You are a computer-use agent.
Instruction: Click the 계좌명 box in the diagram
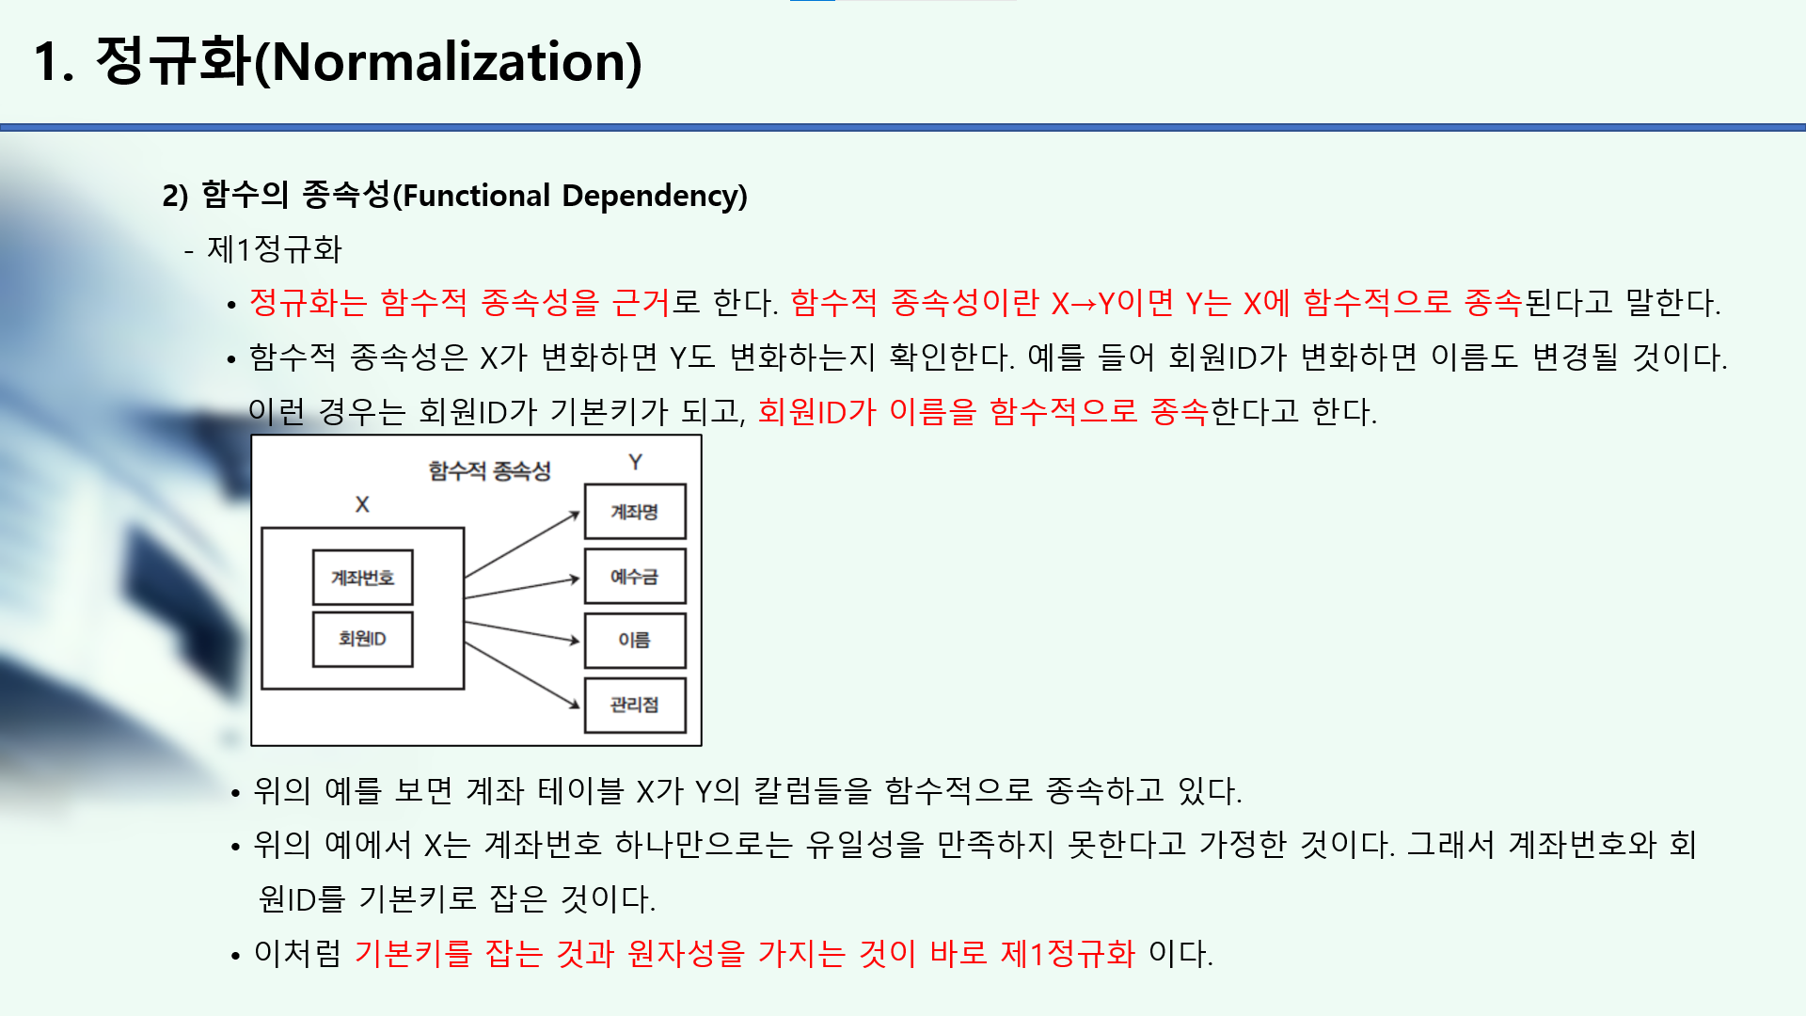(635, 512)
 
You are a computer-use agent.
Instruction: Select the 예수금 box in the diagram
(635, 577)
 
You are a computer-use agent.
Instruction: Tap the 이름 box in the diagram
(635, 641)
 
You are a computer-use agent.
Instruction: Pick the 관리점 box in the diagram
(635, 705)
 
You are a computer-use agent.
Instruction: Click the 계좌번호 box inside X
(362, 578)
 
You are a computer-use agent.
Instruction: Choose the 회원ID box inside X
(362, 639)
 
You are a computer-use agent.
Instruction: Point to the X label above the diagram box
(362, 504)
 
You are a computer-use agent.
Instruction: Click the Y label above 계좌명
(636, 462)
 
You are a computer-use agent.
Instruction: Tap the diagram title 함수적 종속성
(489, 470)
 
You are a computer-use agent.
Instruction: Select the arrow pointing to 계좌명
(523, 545)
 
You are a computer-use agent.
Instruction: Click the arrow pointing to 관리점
(523, 675)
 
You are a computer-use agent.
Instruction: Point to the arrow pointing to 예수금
(523, 588)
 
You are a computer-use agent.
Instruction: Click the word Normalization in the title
(448, 62)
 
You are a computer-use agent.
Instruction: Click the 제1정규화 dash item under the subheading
(274, 249)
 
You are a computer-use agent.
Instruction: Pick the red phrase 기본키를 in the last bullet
(413, 954)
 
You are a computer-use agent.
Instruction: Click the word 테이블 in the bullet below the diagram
(580, 790)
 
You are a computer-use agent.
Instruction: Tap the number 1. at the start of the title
(54, 62)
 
